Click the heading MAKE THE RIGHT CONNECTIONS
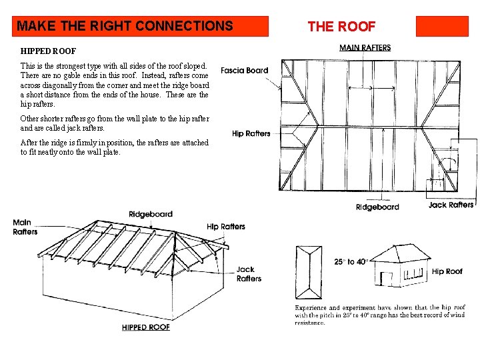click(125, 27)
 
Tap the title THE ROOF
click(341, 27)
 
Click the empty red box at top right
click(442, 26)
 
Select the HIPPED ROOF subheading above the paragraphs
click(48, 51)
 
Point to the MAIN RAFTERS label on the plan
click(365, 48)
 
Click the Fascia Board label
click(244, 71)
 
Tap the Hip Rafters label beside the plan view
click(251, 133)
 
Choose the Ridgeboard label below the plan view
click(377, 207)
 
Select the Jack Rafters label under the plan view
click(451, 205)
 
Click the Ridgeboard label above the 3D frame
click(151, 215)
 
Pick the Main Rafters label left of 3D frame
click(25, 227)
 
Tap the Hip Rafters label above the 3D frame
click(225, 227)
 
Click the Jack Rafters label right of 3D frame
click(249, 274)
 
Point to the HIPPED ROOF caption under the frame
click(146, 327)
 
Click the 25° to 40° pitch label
click(351, 262)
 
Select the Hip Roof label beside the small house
click(447, 271)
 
